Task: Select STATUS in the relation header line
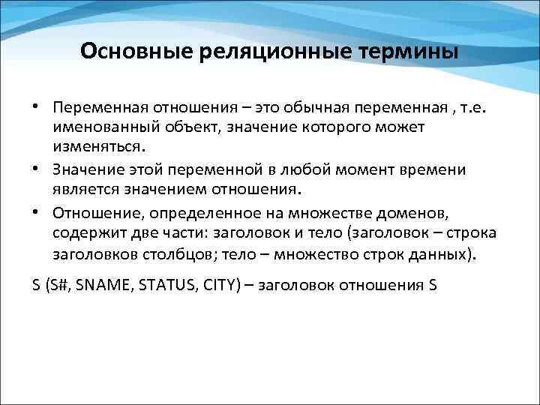coord(162,286)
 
